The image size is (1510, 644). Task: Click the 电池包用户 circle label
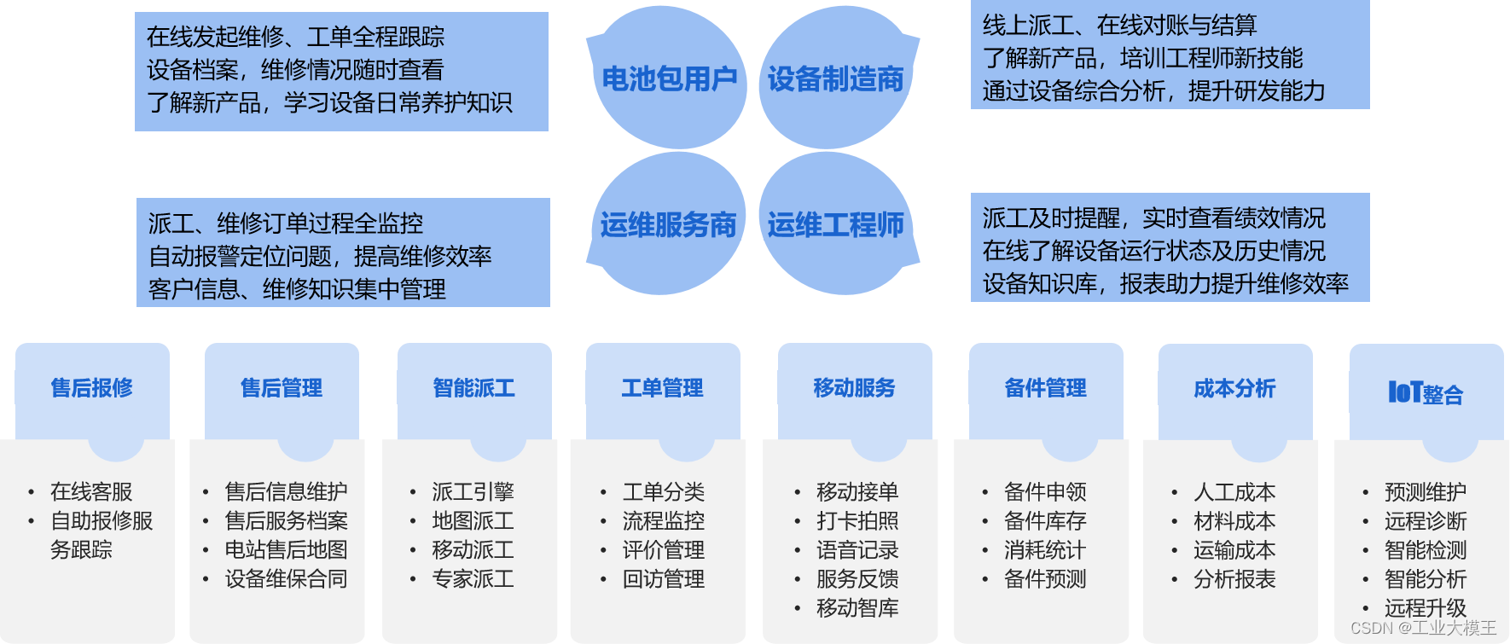(x=669, y=78)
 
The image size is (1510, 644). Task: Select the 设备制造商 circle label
(x=835, y=78)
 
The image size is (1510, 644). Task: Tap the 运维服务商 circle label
(x=668, y=225)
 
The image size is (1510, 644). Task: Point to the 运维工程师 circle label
(x=835, y=225)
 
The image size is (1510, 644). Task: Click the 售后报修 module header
(x=92, y=388)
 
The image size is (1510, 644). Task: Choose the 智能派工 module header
(x=474, y=388)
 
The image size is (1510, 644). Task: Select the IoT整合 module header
(x=1426, y=393)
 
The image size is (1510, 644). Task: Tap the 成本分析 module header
(x=1234, y=389)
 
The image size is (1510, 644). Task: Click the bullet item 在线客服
(x=91, y=492)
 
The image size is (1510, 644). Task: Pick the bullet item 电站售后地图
(x=286, y=550)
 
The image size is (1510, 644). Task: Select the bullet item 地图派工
(x=473, y=521)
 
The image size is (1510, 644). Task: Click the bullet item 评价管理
(x=663, y=550)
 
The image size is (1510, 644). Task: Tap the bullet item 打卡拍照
(x=857, y=521)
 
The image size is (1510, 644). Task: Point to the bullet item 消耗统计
(x=1045, y=550)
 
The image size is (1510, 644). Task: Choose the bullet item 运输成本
(x=1234, y=550)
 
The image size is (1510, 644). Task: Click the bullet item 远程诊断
(x=1426, y=521)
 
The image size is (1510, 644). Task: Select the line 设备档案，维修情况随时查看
(x=295, y=70)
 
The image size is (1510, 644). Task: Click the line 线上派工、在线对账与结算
(x=1119, y=26)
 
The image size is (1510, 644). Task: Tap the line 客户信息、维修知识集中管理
(x=297, y=290)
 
